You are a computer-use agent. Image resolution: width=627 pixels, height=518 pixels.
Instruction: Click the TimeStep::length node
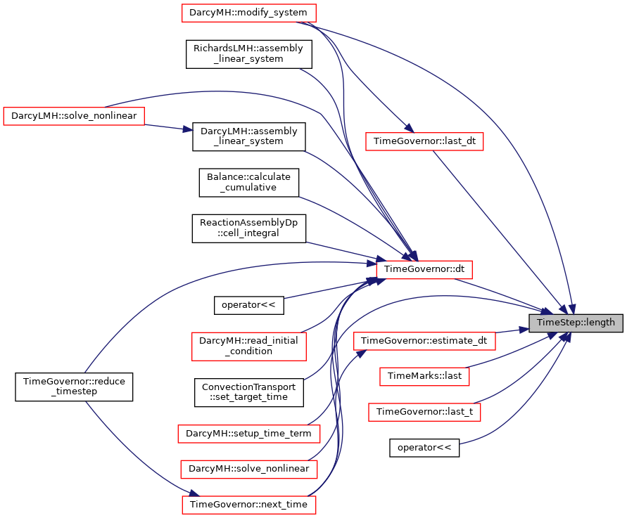(576, 323)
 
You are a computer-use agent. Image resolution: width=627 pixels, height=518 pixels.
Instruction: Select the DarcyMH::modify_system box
(248, 13)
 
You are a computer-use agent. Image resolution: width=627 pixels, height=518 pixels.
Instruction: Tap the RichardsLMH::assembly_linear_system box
(248, 54)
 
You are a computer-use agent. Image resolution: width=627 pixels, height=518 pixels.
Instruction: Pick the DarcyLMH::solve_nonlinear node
(74, 116)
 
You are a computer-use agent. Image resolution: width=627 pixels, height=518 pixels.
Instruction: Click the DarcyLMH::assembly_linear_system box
(248, 136)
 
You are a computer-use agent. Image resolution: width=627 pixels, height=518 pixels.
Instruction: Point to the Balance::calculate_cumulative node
(248, 183)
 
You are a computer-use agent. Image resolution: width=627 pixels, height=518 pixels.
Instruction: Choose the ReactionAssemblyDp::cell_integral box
(248, 228)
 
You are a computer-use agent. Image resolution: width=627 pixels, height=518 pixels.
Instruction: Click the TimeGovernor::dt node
(424, 270)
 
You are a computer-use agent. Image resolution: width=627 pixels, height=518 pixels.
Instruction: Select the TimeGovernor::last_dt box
(424, 141)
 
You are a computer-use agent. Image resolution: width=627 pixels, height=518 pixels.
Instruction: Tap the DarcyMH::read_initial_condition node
(248, 347)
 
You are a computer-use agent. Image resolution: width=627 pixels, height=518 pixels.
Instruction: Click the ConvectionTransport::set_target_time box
(248, 393)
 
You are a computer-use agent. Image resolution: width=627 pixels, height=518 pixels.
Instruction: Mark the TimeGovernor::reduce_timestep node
(74, 387)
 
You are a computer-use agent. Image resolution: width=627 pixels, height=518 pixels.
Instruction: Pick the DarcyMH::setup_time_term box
(248, 434)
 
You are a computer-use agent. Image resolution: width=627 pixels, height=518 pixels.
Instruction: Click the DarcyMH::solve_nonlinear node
(248, 469)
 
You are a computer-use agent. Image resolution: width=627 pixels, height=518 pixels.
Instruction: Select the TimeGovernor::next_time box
(248, 505)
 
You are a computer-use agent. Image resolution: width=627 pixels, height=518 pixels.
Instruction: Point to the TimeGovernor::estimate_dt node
(424, 341)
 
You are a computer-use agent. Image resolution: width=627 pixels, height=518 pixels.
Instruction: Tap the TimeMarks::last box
(424, 376)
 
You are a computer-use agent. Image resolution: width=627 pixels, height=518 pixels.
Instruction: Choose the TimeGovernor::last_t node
(424, 412)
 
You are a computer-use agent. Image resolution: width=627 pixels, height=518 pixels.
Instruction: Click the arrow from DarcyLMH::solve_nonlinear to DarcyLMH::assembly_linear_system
(168, 127)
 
